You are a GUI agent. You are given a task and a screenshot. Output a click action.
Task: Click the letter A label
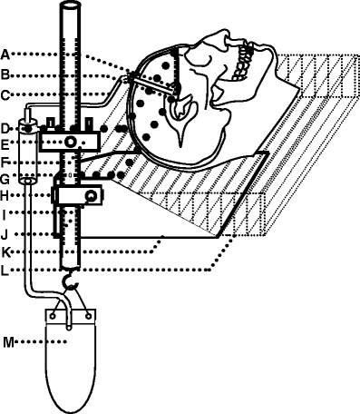pos(5,52)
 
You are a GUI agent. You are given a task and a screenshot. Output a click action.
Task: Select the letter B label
pos(5,73)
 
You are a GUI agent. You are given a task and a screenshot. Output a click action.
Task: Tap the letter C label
pos(5,94)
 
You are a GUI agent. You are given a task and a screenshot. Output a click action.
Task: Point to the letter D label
pos(5,127)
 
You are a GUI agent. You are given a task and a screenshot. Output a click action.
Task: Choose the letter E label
pos(5,143)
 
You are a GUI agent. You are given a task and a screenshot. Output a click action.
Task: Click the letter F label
pos(5,161)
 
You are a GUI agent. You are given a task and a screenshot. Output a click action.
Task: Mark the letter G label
pos(5,177)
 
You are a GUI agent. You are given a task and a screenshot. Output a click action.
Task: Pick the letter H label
pos(5,194)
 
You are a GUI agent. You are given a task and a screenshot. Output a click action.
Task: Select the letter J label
pos(5,233)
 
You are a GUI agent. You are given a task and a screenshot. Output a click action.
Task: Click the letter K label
pos(5,251)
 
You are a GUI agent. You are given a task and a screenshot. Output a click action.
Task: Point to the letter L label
pos(5,269)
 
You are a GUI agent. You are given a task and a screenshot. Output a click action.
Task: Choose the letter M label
pos(7,342)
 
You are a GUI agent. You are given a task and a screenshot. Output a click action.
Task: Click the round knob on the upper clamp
pos(70,143)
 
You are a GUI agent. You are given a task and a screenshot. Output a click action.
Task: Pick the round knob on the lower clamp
pos(90,195)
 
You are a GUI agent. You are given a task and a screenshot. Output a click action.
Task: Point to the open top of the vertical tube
pos(70,7)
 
